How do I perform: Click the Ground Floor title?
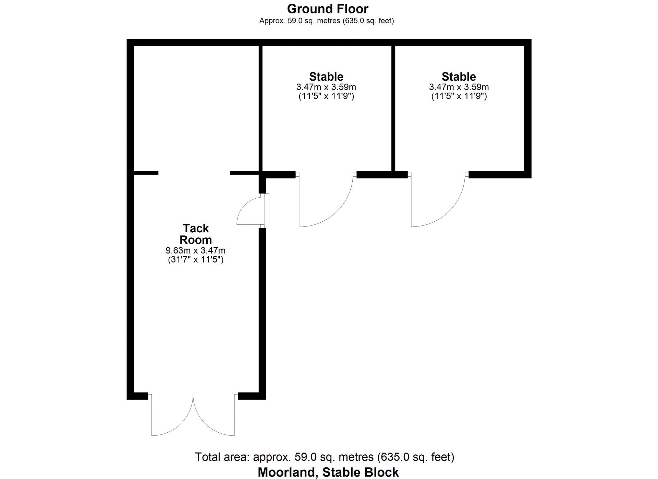tap(328, 9)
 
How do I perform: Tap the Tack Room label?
tap(196, 234)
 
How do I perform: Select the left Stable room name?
tap(326, 77)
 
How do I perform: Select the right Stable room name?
tap(459, 77)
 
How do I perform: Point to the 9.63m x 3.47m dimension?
tap(196, 251)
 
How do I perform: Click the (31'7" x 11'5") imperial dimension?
tap(196, 260)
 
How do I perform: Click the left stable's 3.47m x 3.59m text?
tap(326, 87)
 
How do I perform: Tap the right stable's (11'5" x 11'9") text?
tap(459, 96)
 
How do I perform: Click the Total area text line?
tap(325, 457)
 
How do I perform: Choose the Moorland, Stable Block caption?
tap(328, 472)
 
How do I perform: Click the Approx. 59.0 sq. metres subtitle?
tap(327, 21)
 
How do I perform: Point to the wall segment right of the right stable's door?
tap(500, 174)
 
